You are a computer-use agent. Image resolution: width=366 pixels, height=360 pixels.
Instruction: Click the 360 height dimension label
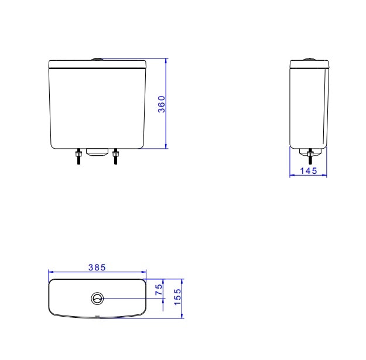161,104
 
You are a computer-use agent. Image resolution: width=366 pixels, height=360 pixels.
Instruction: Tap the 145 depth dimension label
309,171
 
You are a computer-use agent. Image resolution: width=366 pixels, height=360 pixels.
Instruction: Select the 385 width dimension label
97,267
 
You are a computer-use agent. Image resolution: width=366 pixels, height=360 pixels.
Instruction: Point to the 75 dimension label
159,289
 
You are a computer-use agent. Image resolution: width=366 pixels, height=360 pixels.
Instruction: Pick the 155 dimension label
177,297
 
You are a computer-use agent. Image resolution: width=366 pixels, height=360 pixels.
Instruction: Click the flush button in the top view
97,299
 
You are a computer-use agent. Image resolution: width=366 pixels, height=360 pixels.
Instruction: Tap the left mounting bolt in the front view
78,156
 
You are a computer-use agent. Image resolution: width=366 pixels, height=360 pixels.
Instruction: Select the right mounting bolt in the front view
115,156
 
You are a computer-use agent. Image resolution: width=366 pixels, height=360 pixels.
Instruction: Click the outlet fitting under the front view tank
97,152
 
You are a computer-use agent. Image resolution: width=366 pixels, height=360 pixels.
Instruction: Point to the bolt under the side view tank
310,156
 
